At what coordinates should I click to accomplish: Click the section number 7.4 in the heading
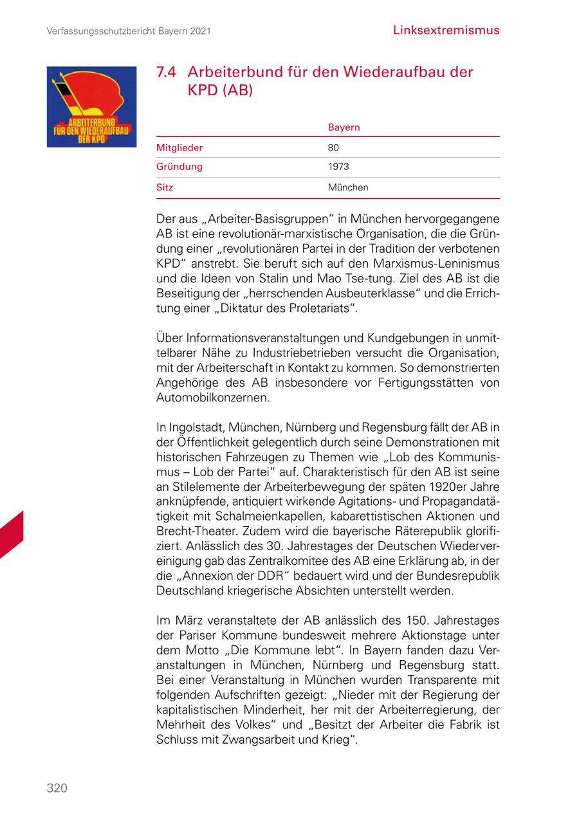[167, 72]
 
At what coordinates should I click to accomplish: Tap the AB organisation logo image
[91, 107]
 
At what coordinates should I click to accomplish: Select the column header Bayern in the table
[344, 127]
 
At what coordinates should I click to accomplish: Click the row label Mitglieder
[179, 147]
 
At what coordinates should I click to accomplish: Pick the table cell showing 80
[333, 147]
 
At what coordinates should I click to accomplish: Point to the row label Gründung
[179, 167]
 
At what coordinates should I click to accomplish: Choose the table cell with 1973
[338, 167]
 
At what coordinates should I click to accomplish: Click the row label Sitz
[165, 188]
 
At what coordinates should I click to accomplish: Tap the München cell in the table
[348, 188]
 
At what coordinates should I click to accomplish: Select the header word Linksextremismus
[446, 30]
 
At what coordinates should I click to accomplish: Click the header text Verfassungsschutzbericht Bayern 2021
[129, 31]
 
